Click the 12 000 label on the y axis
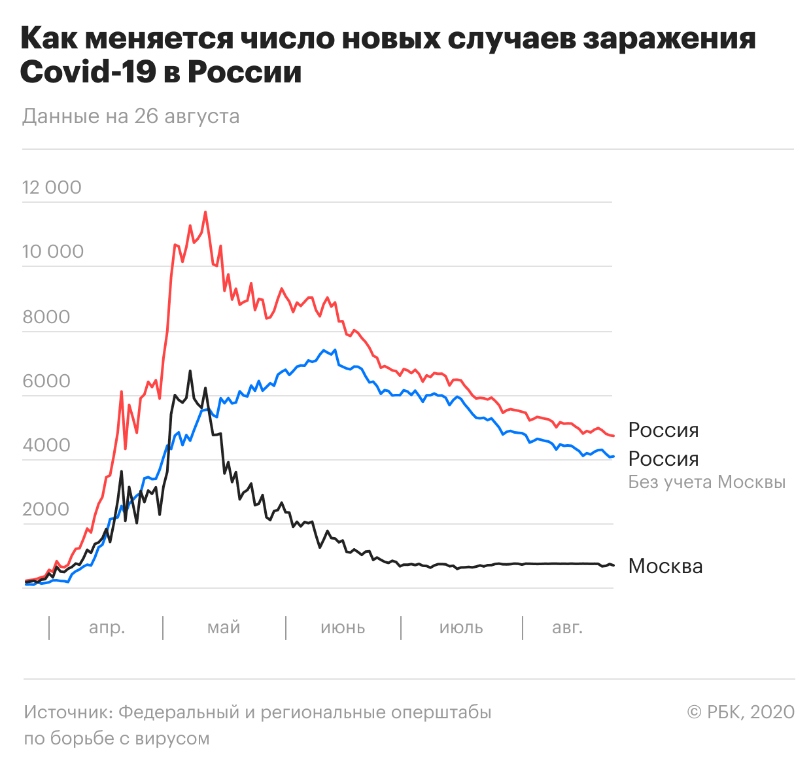(x=52, y=188)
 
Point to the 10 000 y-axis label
(x=53, y=252)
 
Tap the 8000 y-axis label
(x=46, y=317)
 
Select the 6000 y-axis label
(x=46, y=381)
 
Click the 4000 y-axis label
(x=46, y=445)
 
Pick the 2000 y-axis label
(x=46, y=510)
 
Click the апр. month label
(x=107, y=628)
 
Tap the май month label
(x=224, y=628)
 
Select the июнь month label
(x=343, y=628)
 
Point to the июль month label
(x=461, y=628)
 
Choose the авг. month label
(x=567, y=628)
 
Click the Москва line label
(x=665, y=567)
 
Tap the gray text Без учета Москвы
(x=706, y=483)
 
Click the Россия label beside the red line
(x=663, y=430)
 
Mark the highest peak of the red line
(x=205, y=212)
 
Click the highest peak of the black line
(x=190, y=371)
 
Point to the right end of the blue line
(x=613, y=457)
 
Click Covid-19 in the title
(x=88, y=72)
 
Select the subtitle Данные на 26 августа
(x=131, y=116)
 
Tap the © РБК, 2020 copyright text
(x=740, y=712)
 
